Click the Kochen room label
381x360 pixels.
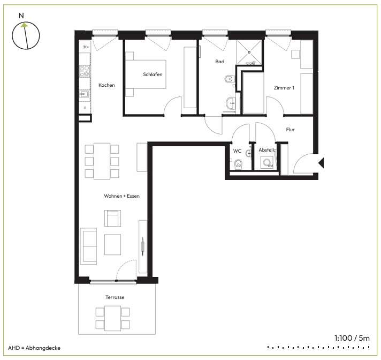[x=106, y=85]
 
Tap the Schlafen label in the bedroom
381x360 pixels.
[x=153, y=74]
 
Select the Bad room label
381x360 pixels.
[x=219, y=62]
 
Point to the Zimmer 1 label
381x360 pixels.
[x=284, y=88]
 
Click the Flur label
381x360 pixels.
[x=291, y=130]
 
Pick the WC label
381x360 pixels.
[x=237, y=151]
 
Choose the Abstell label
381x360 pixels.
[x=266, y=150]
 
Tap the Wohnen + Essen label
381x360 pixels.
[x=121, y=196]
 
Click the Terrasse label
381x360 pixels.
[x=115, y=297]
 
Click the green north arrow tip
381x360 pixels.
[x=24, y=24]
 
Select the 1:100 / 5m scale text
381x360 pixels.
[x=352, y=338]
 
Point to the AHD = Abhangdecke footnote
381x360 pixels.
[x=34, y=348]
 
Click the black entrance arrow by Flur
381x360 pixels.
[x=321, y=163]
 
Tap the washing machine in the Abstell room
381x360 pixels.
[x=267, y=162]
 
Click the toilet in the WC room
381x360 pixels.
[x=238, y=164]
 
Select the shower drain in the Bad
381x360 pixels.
[x=249, y=52]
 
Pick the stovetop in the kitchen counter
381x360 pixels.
[x=85, y=71]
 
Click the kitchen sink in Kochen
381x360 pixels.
[x=85, y=94]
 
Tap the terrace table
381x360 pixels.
[x=112, y=318]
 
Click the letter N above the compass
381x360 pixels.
[x=21, y=16]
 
